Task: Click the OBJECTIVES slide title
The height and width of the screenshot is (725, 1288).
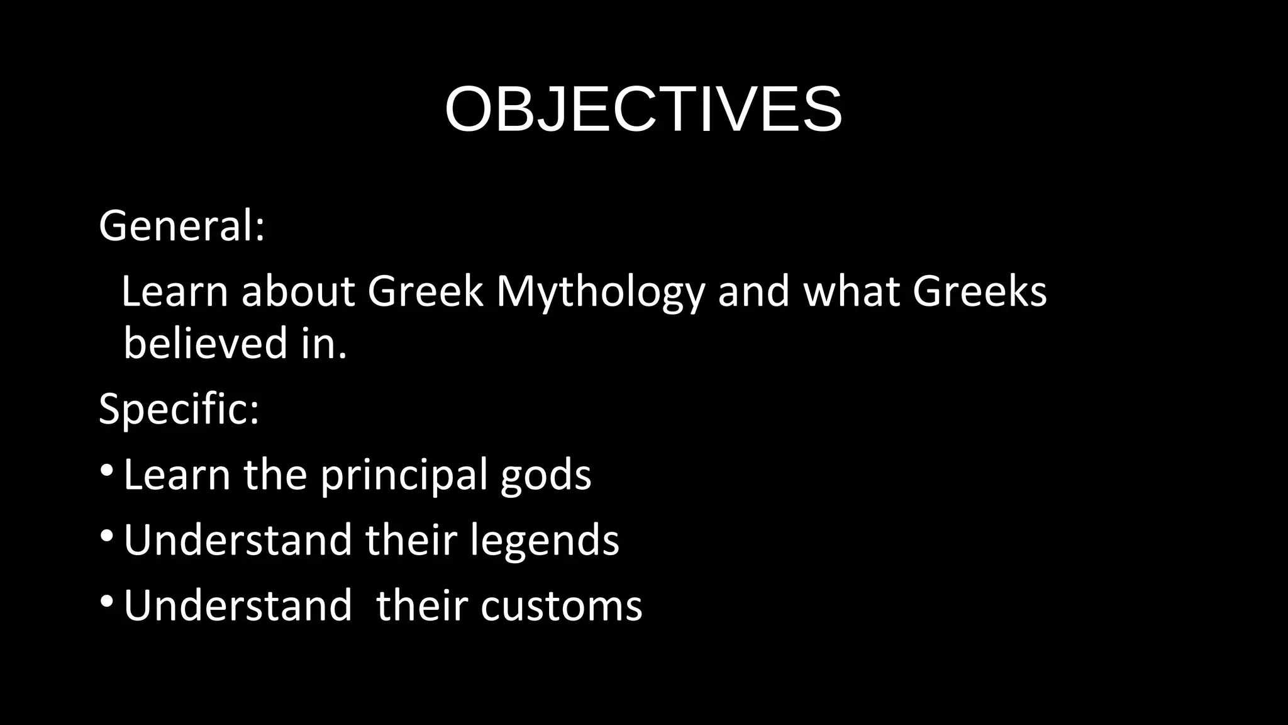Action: (x=643, y=110)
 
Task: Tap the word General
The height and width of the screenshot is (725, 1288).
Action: (x=177, y=226)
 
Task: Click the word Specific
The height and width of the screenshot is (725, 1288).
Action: (x=174, y=410)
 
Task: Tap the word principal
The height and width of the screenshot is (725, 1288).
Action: (x=403, y=475)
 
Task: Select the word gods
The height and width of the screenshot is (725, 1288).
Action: (x=545, y=475)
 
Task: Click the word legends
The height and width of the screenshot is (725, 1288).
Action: (x=545, y=541)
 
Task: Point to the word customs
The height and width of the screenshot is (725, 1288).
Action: (x=561, y=606)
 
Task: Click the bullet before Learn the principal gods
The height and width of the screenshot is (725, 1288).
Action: (x=107, y=471)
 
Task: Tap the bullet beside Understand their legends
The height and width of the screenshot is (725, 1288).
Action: (x=107, y=536)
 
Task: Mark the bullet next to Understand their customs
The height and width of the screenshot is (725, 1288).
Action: (x=107, y=602)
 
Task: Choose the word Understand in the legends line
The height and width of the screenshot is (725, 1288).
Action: (x=238, y=541)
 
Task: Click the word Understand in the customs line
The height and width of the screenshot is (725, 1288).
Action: (x=238, y=606)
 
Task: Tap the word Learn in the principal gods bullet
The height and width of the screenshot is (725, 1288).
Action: (x=177, y=475)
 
